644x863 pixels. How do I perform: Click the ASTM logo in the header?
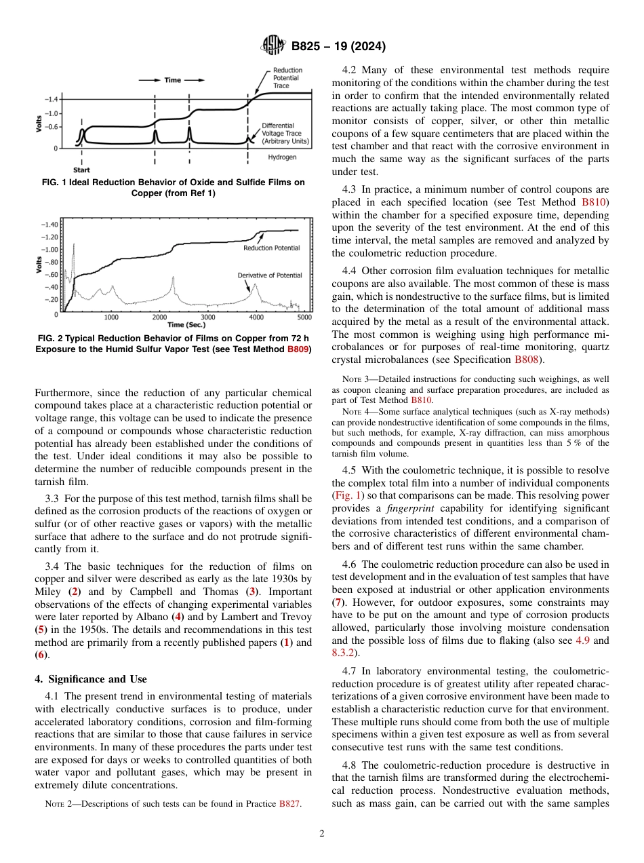coord(273,47)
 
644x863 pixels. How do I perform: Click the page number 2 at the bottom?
coord(322,834)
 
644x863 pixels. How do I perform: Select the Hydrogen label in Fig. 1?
coord(282,157)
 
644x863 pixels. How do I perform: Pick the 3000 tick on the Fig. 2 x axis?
coord(207,317)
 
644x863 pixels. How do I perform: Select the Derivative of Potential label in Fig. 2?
coord(269,275)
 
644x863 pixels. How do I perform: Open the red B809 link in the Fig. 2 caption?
coord(298,349)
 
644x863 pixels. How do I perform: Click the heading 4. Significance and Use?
coord(90,679)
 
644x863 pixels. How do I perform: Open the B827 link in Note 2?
coord(290,804)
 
